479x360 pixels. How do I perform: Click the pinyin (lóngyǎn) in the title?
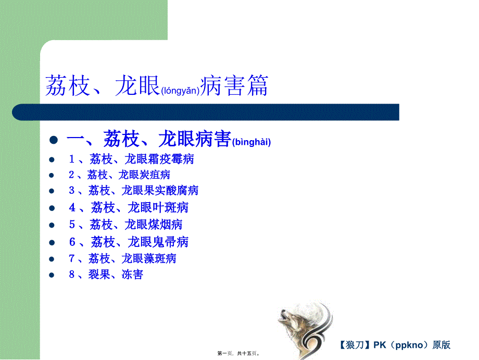(180, 91)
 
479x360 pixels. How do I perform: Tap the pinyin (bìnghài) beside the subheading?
(251, 142)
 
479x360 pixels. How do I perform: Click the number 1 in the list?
(72, 159)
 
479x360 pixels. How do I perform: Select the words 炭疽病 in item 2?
(155, 175)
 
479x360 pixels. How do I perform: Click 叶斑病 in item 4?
(173, 208)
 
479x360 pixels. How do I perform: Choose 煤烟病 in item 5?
(167, 225)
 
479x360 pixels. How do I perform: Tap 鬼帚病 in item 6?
(173, 242)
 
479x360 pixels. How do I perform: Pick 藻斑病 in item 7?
(161, 258)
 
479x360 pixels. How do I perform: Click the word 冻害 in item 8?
(132, 275)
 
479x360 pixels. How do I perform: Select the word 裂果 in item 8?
(99, 275)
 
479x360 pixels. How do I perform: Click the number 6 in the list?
(72, 242)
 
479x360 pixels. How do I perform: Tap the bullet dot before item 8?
(52, 275)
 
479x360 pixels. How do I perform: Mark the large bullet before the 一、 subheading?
(54, 140)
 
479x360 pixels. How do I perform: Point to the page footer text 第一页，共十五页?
(238, 354)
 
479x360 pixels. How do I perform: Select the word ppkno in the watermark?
(409, 345)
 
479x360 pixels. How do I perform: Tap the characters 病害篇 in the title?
(234, 86)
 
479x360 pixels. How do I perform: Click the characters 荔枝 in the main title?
(68, 86)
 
